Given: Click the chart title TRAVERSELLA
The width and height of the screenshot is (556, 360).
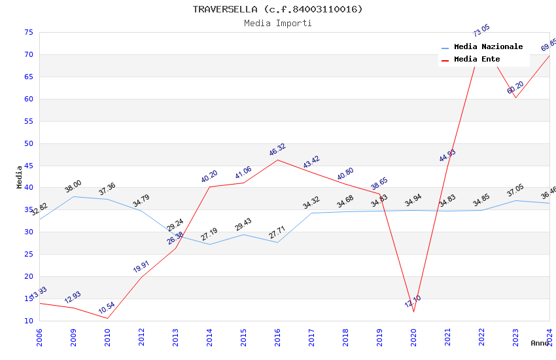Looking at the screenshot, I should [277, 9].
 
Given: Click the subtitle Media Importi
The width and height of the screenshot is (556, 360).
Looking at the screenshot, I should [278, 24].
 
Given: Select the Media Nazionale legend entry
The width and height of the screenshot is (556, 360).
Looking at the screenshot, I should [488, 47].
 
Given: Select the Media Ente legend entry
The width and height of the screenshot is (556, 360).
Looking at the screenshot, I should [477, 60].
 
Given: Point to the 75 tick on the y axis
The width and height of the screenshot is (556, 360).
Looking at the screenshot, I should [28, 33].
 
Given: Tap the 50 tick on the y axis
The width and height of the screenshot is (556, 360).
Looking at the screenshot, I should [28, 143].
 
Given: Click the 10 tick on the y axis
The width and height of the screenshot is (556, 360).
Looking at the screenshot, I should [28, 321].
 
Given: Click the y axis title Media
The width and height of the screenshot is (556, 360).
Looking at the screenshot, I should [20, 177].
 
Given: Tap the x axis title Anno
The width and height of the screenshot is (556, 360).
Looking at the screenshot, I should [540, 343].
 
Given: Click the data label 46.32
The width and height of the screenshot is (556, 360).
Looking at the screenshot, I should [277, 150].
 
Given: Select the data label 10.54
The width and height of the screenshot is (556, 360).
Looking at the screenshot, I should [107, 308].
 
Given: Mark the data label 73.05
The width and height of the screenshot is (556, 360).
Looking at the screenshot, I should [481, 31].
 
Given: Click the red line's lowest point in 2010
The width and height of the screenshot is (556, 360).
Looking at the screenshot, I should [107, 319].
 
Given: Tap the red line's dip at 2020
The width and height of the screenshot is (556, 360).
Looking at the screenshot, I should [413, 312].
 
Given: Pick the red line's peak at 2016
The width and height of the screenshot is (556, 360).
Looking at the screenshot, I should [277, 160].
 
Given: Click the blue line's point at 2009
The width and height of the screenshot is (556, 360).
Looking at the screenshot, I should [73, 196].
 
